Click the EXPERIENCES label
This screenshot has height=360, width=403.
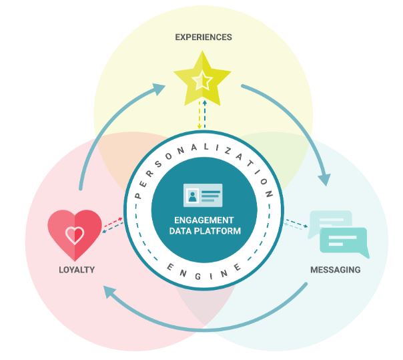pos(204,37)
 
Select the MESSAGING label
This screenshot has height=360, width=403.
pos(335,271)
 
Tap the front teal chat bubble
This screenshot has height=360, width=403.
pos(344,242)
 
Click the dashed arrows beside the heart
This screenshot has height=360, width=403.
pos(111,225)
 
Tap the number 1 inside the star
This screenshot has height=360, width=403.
pos(202,82)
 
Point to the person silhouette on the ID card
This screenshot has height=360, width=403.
pos(192,196)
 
